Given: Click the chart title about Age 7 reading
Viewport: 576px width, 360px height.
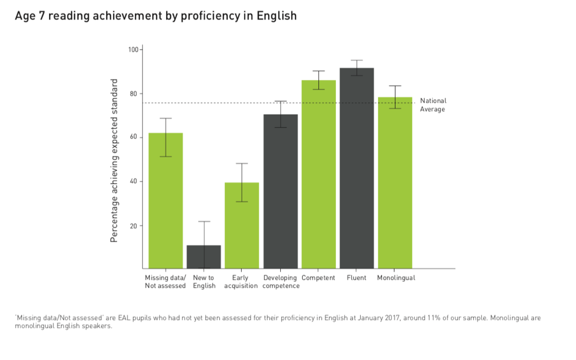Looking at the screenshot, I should pyautogui.click(x=156, y=16).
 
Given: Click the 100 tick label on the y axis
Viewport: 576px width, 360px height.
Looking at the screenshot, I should pyautogui.click(x=133, y=50).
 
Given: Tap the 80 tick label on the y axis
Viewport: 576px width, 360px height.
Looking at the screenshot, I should pyautogui.click(x=134, y=94).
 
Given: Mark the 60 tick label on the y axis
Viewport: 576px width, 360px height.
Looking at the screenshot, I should pyautogui.click(x=134, y=137).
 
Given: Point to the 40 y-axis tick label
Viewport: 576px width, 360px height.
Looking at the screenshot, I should pyautogui.click(x=134, y=181).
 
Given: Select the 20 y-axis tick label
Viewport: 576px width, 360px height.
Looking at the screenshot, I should pyautogui.click(x=134, y=226).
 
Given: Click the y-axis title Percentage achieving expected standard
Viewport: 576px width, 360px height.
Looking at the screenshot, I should pyautogui.click(x=114, y=161).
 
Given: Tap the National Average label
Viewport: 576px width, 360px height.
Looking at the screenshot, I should pyautogui.click(x=433, y=105).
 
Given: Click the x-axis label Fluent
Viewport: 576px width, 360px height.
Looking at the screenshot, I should pyautogui.click(x=356, y=278).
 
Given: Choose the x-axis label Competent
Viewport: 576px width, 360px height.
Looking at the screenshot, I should pyautogui.click(x=318, y=278).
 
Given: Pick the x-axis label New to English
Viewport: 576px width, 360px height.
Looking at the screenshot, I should pyautogui.click(x=204, y=282).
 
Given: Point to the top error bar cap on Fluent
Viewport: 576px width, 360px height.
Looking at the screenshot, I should pyautogui.click(x=356, y=60).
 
